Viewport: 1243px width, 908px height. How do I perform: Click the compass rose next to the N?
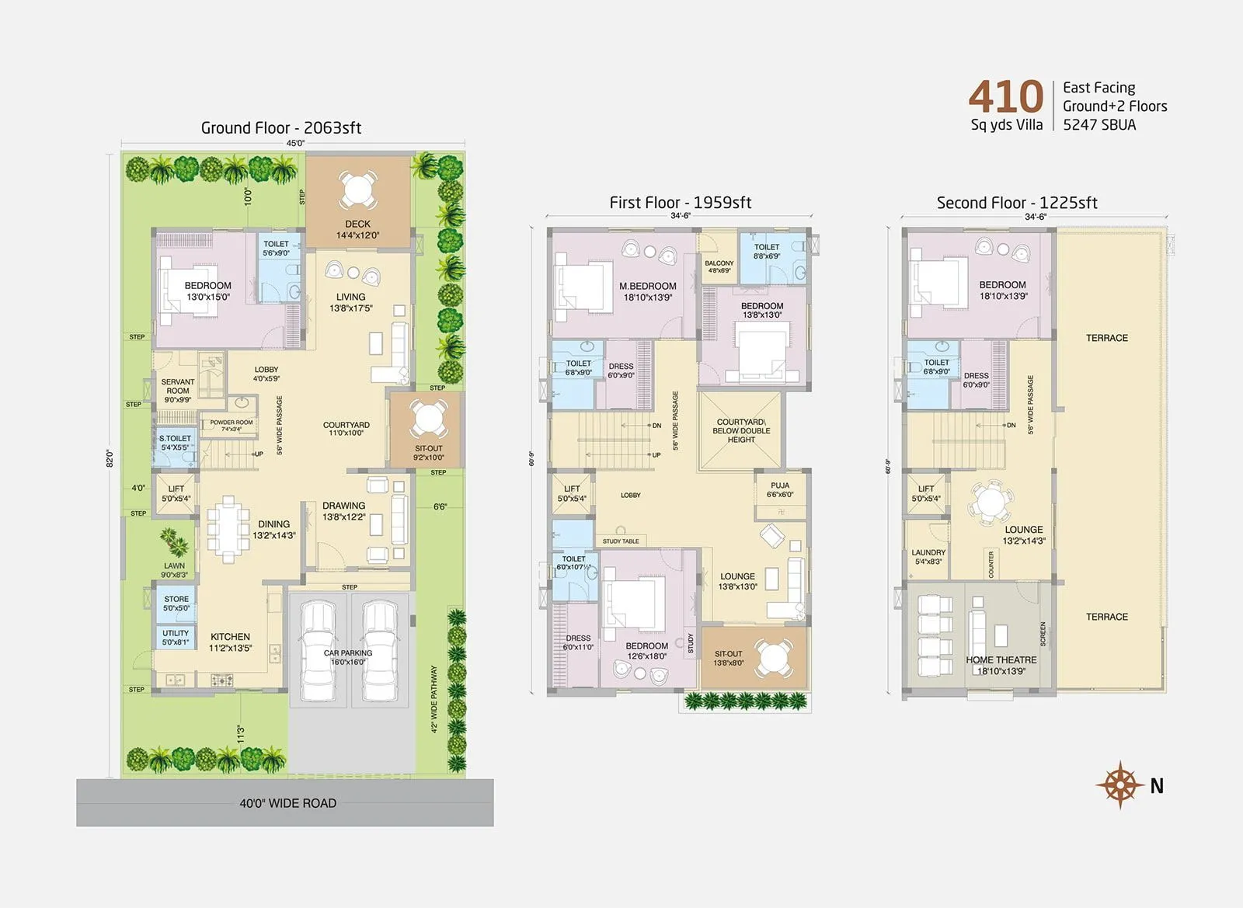[x=1119, y=785]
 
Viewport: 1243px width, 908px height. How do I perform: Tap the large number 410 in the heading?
[x=1006, y=97]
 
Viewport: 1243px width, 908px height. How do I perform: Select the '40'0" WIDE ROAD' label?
[x=287, y=803]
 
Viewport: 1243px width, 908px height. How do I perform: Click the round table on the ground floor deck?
[x=357, y=189]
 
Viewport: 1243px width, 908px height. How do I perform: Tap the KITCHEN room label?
[x=230, y=637]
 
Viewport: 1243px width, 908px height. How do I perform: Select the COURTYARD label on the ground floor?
[x=346, y=426]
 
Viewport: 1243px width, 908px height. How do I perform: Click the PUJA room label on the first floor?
[x=780, y=485]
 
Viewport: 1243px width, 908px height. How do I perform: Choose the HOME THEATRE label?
[x=1001, y=660]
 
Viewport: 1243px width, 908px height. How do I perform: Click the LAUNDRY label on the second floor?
[x=928, y=553]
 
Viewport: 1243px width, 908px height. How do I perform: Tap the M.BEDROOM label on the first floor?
[x=647, y=286]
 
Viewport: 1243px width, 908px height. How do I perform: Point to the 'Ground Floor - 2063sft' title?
[x=280, y=128]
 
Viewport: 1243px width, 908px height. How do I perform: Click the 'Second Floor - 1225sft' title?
[x=1016, y=203]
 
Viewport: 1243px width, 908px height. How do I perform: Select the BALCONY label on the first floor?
[x=719, y=263]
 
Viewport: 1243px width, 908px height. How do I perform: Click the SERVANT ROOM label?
[x=178, y=386]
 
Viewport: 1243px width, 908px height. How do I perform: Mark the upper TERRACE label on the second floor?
[x=1106, y=338]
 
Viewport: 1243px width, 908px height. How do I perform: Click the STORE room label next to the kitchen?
[x=176, y=599]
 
